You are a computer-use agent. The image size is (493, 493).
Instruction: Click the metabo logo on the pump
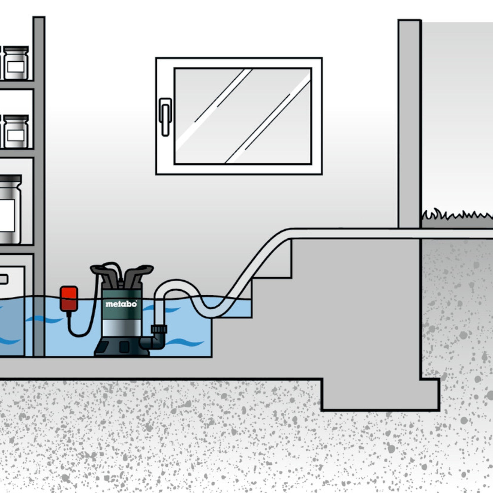point(121,304)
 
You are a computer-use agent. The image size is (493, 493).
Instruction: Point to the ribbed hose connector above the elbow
point(159,329)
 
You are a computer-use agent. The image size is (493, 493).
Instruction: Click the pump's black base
point(122,347)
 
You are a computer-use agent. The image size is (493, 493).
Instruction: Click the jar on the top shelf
point(16,63)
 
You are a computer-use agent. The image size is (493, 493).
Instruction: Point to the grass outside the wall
point(457,216)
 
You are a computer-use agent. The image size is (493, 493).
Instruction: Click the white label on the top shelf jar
point(16,67)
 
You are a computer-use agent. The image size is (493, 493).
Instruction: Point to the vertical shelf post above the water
point(39,153)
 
